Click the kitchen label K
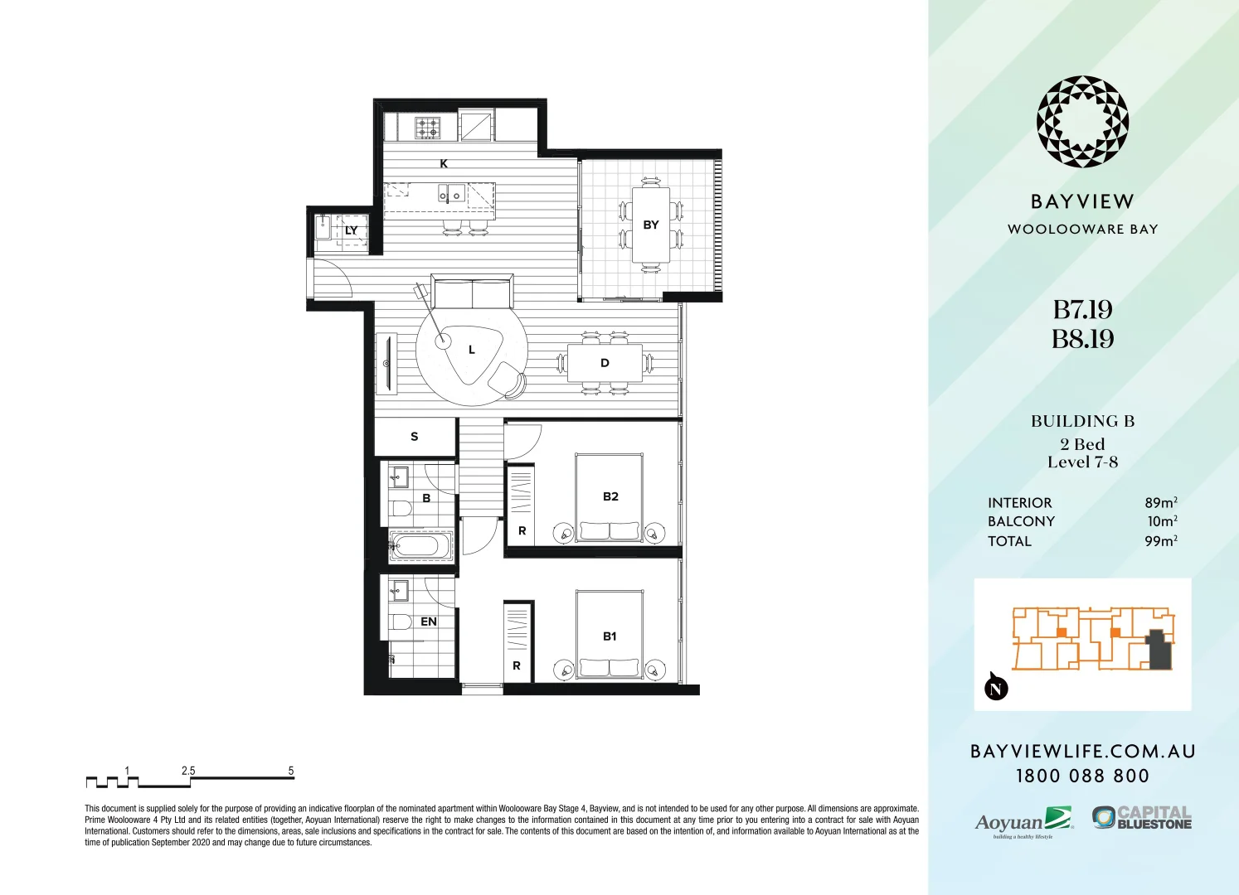coord(444,164)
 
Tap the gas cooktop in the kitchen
coord(428,128)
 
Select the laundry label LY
coord(352,230)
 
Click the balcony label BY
coord(651,225)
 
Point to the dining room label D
coord(605,363)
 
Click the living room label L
coord(472,350)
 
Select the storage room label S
coord(415,437)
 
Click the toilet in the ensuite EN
coord(401,622)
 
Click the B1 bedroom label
coord(610,636)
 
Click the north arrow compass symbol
coord(996,687)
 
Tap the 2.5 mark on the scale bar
coord(188,771)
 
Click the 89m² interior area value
coord(1160,503)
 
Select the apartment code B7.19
coord(1082,310)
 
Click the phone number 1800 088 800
coord(1082,776)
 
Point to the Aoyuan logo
coord(1023,821)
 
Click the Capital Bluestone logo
coord(1142,818)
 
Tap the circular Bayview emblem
coord(1082,122)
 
